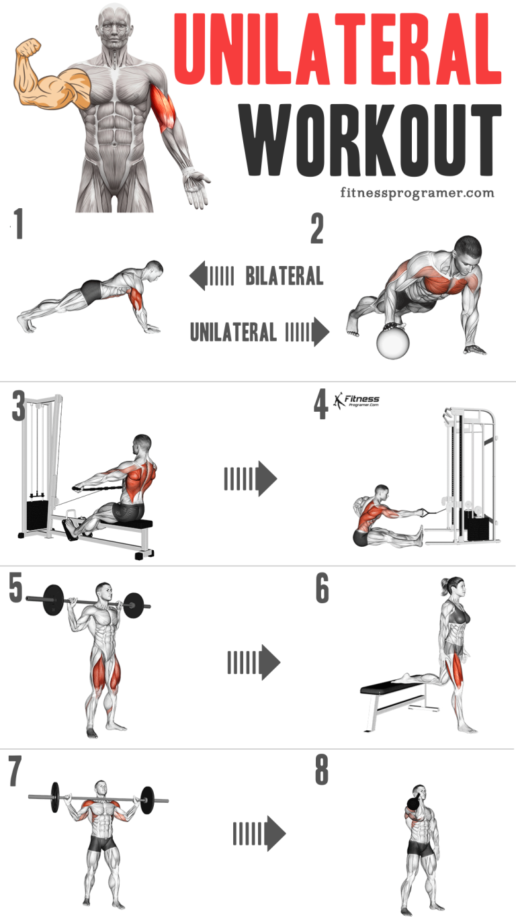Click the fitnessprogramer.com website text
point(417,193)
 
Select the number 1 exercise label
point(19,224)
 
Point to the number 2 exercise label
point(316,229)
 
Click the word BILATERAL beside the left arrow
point(284,275)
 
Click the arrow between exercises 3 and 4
point(250,478)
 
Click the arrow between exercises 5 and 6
point(253,662)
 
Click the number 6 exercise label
point(322,589)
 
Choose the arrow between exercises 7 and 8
point(259,834)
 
